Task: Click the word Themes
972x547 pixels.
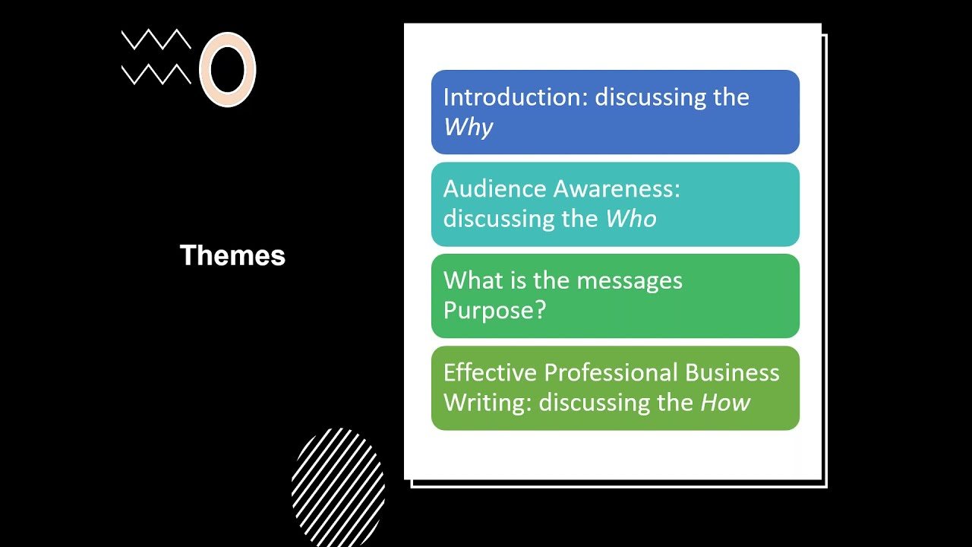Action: [x=232, y=255]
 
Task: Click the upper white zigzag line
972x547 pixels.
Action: [x=156, y=39]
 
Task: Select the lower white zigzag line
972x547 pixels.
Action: [x=156, y=74]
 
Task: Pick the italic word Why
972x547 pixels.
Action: [x=468, y=127]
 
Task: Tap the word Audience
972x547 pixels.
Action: [x=494, y=189]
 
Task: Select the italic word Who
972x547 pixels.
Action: [x=630, y=219]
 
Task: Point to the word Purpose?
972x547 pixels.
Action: [x=494, y=311]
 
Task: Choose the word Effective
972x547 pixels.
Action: [x=490, y=372]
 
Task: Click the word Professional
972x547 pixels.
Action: [x=611, y=372]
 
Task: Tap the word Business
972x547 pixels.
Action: [x=732, y=372]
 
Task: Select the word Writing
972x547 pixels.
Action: [x=488, y=403]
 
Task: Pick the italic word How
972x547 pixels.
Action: [x=724, y=403]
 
